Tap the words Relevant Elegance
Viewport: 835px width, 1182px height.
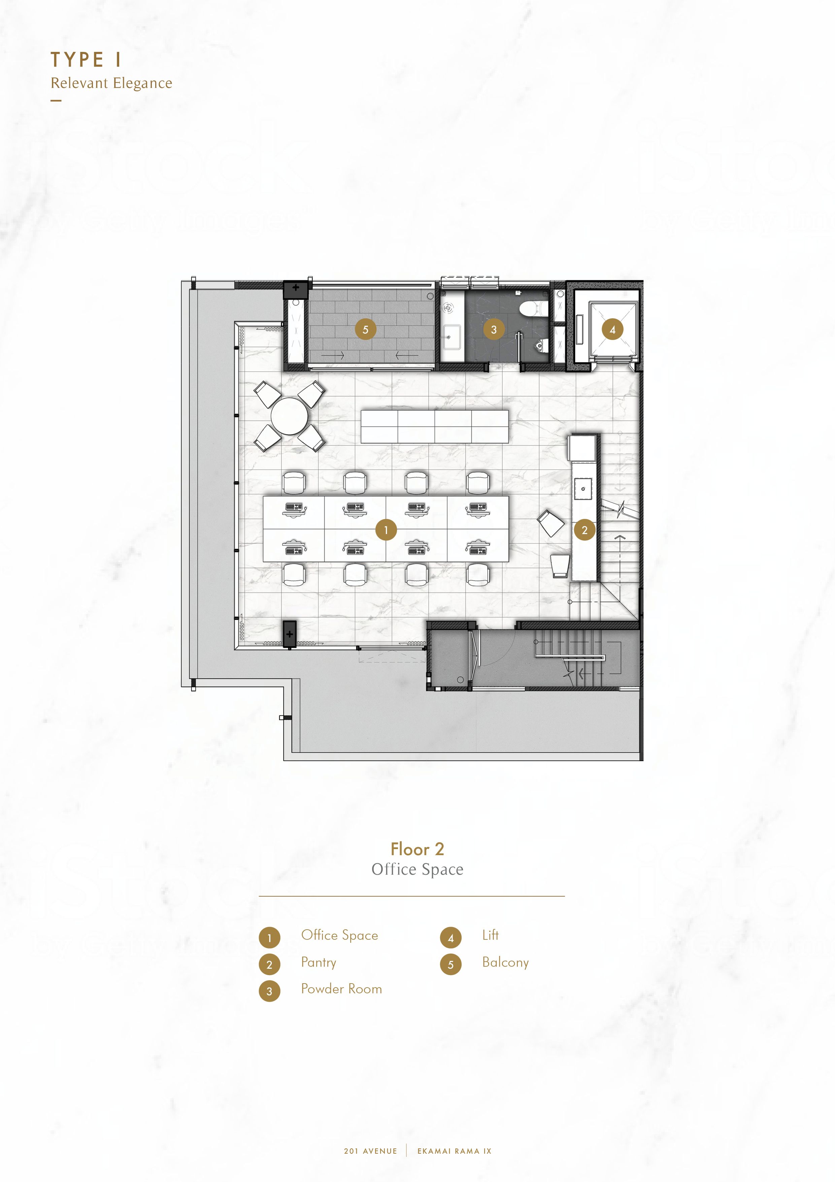click(111, 83)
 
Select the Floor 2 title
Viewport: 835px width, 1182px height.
click(417, 849)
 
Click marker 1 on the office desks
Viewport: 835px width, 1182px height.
click(386, 530)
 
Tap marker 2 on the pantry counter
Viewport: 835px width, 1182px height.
click(584, 530)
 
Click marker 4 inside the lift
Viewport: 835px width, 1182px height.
click(612, 330)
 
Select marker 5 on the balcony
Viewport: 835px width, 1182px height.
click(365, 330)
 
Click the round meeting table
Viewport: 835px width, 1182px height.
click(290, 416)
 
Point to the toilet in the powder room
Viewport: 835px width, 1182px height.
click(529, 308)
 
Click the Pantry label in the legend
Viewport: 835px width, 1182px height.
click(319, 963)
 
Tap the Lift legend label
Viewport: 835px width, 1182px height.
click(490, 935)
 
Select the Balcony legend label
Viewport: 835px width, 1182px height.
click(505, 963)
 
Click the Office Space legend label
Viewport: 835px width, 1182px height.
click(340, 935)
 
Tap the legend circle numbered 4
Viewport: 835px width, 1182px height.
click(451, 937)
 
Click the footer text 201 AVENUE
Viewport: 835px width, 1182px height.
click(370, 1151)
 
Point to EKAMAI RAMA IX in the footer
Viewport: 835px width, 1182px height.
click(454, 1151)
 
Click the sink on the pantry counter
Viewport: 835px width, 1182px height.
click(583, 489)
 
